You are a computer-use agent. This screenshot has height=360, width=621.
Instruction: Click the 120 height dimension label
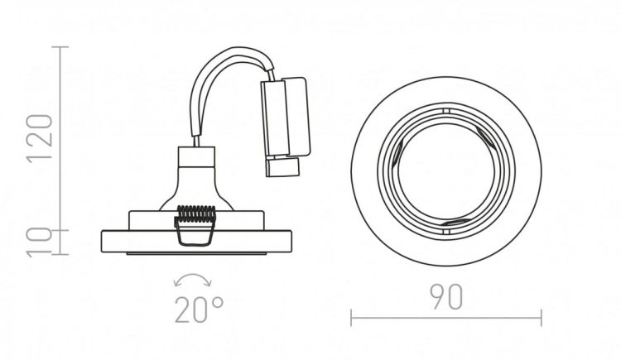pos(40,137)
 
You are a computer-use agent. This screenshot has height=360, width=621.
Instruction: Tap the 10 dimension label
pos(40,241)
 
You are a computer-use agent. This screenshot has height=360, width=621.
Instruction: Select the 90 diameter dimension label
pos(446,297)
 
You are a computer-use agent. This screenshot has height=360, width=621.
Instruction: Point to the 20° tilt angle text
pos(199,310)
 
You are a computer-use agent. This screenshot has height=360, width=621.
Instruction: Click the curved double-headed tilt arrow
pos(193,278)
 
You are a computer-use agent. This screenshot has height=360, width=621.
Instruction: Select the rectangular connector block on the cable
pos(286,117)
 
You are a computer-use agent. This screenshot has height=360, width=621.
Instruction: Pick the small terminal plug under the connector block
pos(282,166)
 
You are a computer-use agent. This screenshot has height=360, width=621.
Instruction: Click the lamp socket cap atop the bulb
pos(196,156)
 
